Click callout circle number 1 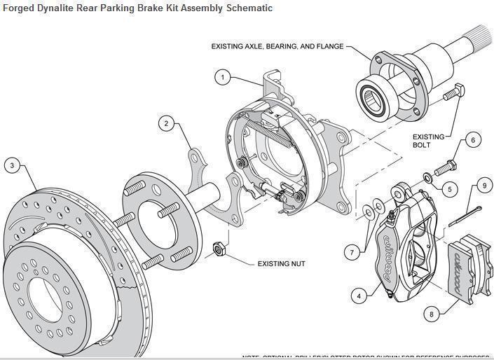223,77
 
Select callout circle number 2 166,124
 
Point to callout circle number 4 359,296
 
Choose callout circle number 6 472,140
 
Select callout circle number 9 483,186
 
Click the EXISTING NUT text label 280,264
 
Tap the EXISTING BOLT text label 428,141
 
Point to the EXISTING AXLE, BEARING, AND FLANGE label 277,46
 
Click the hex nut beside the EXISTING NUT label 217,248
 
